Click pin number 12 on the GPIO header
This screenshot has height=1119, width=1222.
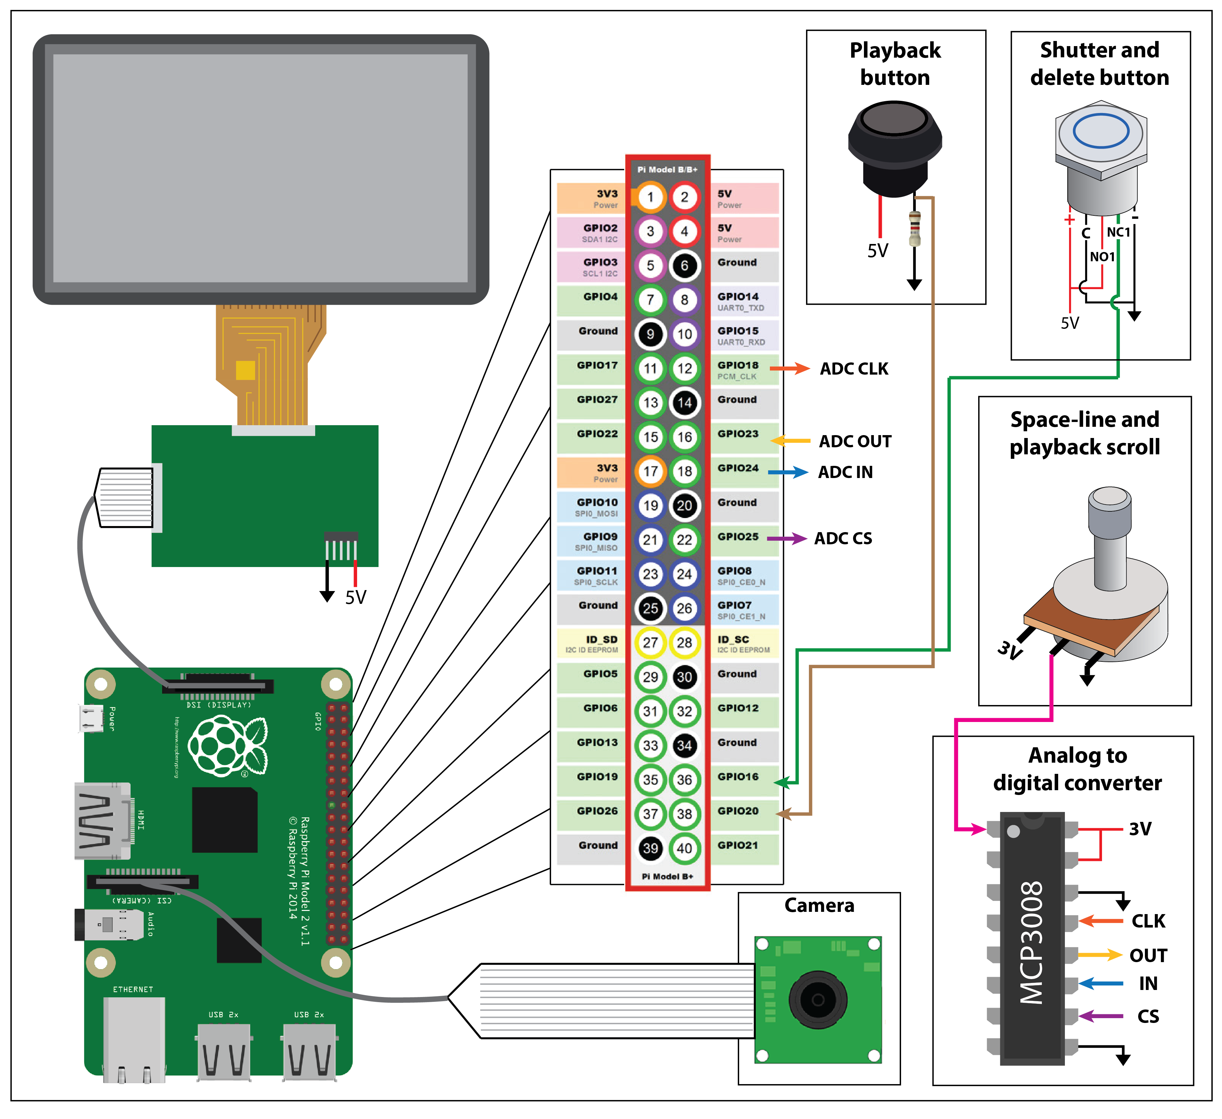tap(684, 368)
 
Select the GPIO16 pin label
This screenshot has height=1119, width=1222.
tap(738, 777)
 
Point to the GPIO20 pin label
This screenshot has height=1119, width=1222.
tap(738, 811)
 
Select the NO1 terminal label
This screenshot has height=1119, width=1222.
tap(1102, 256)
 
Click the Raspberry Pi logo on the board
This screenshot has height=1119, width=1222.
tap(227, 746)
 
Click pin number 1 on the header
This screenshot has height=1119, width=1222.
tap(651, 197)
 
